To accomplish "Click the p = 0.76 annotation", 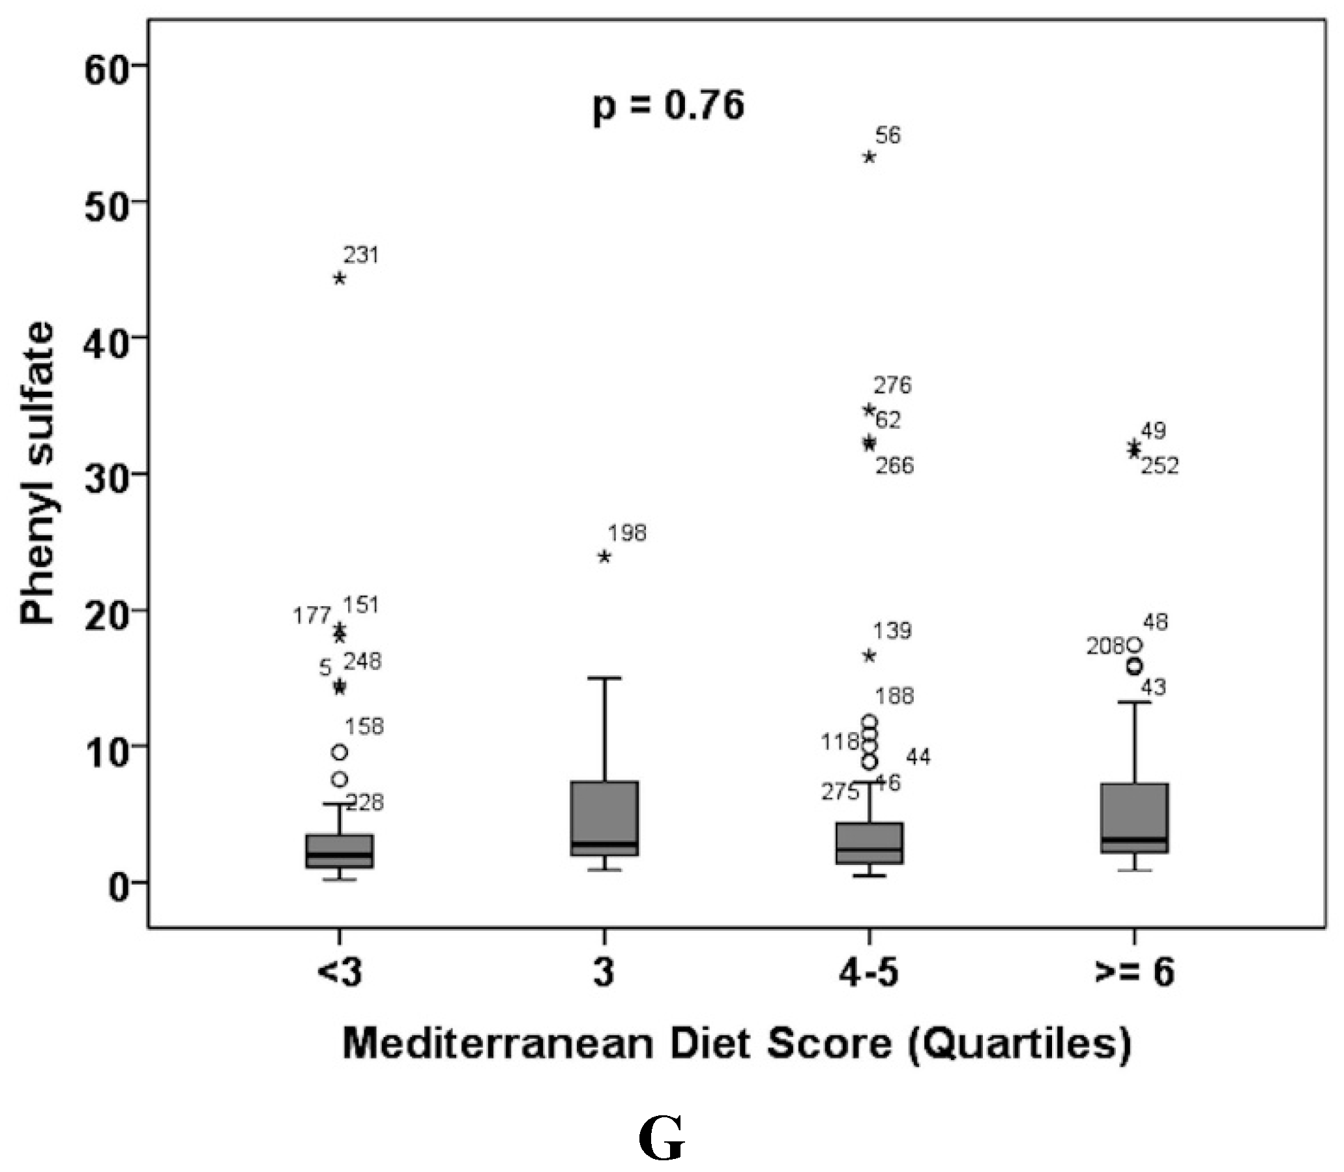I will coord(668,106).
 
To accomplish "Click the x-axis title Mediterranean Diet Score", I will coord(737,1044).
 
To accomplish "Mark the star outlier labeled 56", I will coord(869,157).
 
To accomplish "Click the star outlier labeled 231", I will coord(340,278).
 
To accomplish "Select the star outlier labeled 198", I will coord(604,557).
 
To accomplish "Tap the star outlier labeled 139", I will coord(869,655).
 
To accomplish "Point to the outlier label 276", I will coord(892,386).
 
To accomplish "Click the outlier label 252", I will coord(1160,466).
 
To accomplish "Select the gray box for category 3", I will coord(604,817).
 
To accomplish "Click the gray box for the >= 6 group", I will coord(1134,817).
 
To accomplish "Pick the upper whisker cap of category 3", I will coord(604,678).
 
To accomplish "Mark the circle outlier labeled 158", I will coord(340,753).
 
